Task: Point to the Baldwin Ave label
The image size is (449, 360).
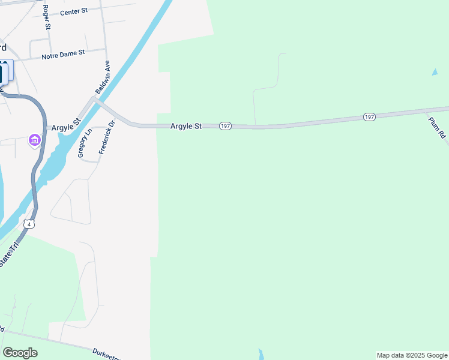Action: (103, 76)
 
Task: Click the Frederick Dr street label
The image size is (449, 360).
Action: (106, 138)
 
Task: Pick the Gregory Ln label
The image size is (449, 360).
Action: (84, 143)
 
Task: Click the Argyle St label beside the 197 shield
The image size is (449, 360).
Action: (186, 126)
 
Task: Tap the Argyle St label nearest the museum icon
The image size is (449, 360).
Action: (66, 127)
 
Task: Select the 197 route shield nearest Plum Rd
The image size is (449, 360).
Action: (369, 116)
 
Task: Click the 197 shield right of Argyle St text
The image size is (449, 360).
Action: (225, 126)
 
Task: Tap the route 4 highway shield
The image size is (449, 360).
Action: (29, 224)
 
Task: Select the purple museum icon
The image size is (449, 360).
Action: (35, 141)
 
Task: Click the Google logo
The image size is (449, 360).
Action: (20, 353)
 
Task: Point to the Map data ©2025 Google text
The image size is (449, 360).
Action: (412, 355)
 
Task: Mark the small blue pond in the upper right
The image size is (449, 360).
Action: (435, 73)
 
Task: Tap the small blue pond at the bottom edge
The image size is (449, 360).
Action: (260, 353)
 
